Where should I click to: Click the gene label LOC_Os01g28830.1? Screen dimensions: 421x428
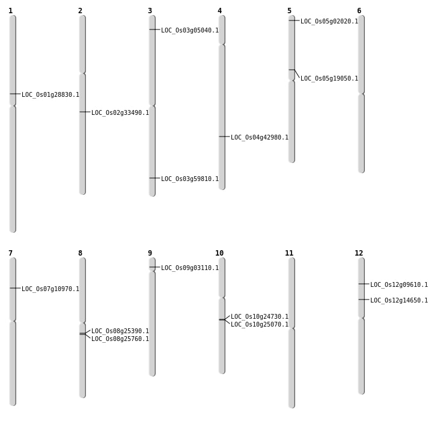50,94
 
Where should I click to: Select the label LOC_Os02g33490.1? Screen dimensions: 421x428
120,112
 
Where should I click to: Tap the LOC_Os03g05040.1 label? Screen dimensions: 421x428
190,30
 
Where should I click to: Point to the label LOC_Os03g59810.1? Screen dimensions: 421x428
190,179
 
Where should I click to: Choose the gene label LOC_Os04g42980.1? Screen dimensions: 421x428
260,137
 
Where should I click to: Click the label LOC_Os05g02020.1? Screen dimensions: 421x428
329,21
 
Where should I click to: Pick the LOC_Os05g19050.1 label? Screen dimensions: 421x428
329,78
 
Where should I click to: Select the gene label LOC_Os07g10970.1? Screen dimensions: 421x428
50,289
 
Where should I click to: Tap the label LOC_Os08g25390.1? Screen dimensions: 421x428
120,331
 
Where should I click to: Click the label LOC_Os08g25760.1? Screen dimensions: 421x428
120,339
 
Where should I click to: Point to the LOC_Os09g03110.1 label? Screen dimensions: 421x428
190,268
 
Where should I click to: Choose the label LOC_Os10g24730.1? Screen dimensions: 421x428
260,316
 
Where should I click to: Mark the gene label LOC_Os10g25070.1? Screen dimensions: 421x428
260,324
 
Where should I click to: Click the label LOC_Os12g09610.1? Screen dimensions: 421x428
399,284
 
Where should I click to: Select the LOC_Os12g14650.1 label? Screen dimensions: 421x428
399,300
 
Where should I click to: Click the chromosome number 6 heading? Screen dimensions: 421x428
359,11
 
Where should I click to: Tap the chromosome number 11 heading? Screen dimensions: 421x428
289,253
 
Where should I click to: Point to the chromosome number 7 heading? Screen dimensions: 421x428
10,253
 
